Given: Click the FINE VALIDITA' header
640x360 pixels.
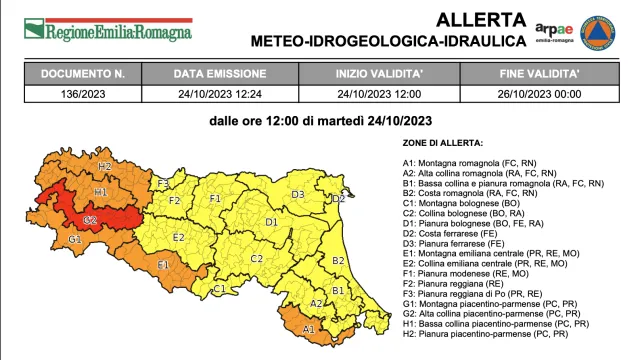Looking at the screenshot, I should pos(541,74).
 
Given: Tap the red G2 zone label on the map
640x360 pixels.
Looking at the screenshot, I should pos(89,219).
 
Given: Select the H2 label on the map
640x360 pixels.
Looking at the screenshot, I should pos(104,166).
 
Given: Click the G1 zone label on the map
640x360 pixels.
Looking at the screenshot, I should pos(74,240).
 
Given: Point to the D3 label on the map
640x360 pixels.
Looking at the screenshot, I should pos(297,194).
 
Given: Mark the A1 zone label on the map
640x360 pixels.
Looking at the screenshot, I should pos(308,327).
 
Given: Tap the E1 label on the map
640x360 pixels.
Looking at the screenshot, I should pos(162,264).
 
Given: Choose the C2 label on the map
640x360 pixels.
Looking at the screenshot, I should pos(256,258).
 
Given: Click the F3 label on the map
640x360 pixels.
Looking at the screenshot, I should pos(162,183).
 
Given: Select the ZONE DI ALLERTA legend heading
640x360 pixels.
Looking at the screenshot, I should pos(443,143).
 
